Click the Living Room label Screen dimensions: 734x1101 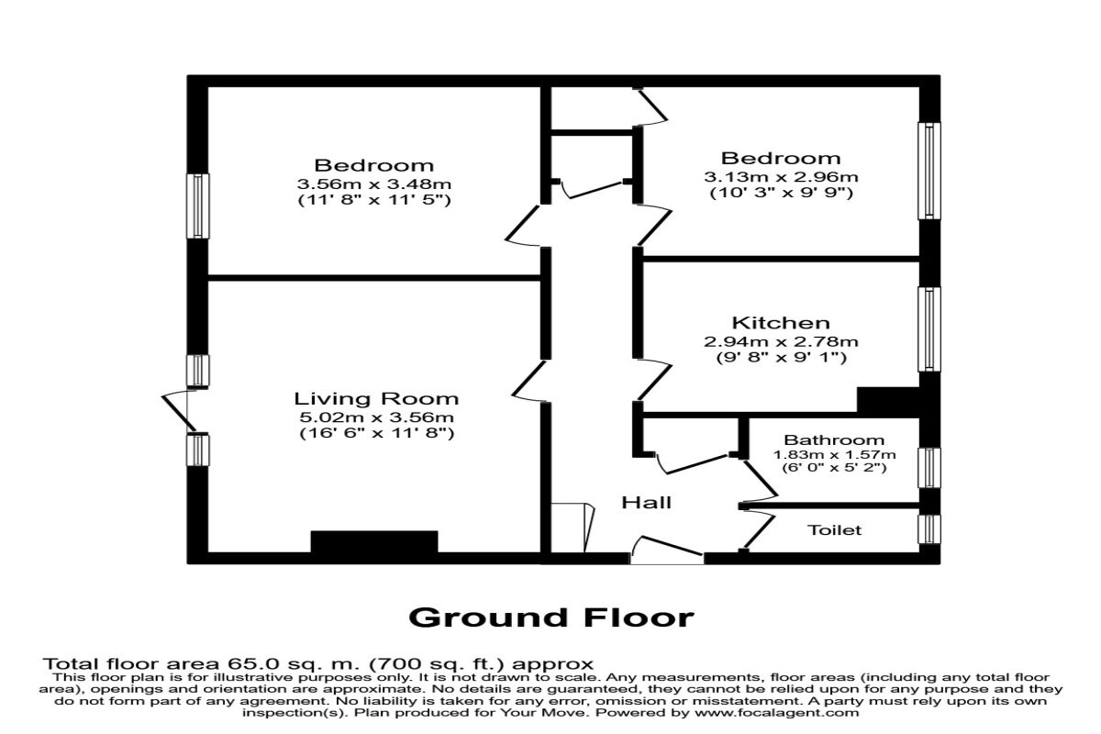(x=376, y=399)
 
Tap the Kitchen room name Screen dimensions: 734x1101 (x=781, y=323)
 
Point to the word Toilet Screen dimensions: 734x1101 (x=835, y=530)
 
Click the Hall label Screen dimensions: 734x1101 (x=647, y=503)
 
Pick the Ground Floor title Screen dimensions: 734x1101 (x=550, y=617)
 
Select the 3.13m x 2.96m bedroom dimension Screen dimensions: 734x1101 (x=781, y=176)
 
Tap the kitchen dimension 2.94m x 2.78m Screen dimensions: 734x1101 (x=781, y=341)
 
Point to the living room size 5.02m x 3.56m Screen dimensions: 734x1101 (x=376, y=417)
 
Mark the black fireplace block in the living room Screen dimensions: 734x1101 (x=374, y=541)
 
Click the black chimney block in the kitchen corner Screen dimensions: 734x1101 (x=888, y=401)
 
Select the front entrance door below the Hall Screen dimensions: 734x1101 (x=667, y=553)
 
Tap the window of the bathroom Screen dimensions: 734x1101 (x=930, y=466)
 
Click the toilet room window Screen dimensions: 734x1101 (x=930, y=528)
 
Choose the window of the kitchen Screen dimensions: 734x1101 (x=930, y=329)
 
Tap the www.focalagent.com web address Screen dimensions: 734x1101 (x=779, y=712)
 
